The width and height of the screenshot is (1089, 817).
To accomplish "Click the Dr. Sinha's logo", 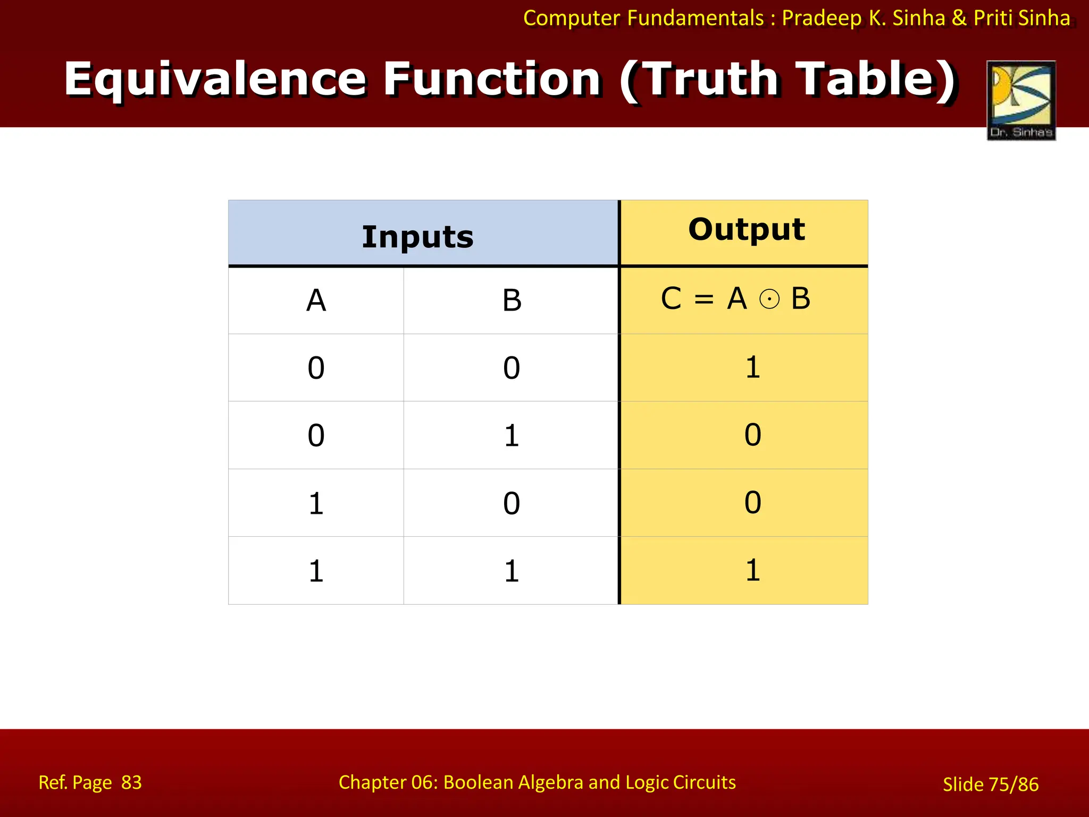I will pos(1021,100).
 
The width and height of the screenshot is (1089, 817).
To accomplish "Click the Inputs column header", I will pos(417,237).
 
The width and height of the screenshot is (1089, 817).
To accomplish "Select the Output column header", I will pos(746,229).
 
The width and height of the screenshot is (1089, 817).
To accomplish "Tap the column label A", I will pos(316,301).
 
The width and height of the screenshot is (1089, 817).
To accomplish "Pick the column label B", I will pos(512,301).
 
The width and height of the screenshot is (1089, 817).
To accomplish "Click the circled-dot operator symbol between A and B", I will pos(769,299).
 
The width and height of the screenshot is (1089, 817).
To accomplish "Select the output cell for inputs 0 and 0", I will pos(752,368).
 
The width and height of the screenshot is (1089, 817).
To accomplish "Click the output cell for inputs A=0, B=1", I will pos(752,435).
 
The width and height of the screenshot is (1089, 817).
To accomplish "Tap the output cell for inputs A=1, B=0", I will pos(752,502).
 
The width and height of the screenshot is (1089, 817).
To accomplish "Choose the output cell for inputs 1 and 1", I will pos(752,570).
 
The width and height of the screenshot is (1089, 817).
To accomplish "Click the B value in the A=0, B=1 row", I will pos(512,436).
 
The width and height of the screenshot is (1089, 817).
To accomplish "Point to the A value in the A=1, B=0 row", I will pos(316,503).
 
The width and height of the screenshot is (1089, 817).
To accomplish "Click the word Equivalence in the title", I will pos(215,79).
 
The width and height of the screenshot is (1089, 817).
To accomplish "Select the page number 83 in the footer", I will pos(131,782).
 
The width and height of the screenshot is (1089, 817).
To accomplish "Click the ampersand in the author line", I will pos(959,18).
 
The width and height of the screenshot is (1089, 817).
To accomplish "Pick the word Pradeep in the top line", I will pos(822,18).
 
